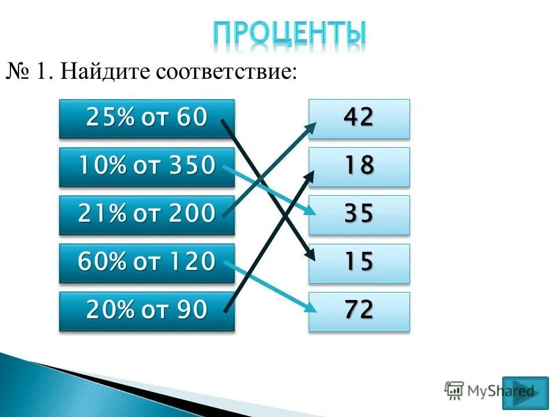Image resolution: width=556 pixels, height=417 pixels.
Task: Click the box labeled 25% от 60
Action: [x=147, y=119]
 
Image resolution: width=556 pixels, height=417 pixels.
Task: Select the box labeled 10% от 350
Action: [x=147, y=167]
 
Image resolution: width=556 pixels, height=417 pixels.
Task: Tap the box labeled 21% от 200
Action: [x=147, y=215]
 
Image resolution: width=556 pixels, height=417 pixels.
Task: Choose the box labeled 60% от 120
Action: [x=147, y=263]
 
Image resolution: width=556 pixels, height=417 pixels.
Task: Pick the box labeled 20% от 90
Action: [x=147, y=312]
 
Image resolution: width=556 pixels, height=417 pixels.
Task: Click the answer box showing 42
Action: [x=359, y=119]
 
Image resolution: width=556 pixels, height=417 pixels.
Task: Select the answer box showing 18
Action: [x=359, y=167]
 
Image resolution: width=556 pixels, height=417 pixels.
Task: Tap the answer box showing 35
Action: [x=359, y=215]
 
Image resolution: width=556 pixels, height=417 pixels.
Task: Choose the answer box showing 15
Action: [x=359, y=263]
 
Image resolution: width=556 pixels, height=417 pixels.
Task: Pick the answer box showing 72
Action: [x=359, y=312]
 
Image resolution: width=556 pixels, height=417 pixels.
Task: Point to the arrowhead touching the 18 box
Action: [x=310, y=174]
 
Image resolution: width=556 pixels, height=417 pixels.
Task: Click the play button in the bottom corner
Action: [x=529, y=392]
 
